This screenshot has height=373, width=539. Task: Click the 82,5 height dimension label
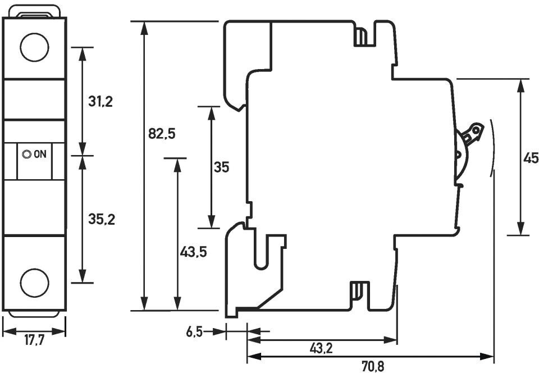(x=162, y=134)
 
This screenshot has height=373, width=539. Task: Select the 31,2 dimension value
(x=101, y=101)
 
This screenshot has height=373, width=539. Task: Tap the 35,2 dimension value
(x=102, y=220)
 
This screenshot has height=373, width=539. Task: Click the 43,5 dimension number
(x=194, y=252)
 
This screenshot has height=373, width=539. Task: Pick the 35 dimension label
(x=221, y=167)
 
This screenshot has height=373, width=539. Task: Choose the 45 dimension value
(x=531, y=158)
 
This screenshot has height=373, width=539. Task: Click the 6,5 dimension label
(x=194, y=332)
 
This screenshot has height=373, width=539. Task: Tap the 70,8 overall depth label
(x=372, y=366)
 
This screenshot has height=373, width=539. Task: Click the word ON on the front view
(x=40, y=154)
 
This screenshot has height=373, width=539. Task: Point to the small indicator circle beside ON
(x=26, y=154)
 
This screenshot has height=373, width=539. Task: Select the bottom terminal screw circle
(x=34, y=282)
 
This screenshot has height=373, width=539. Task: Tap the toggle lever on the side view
(x=471, y=135)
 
